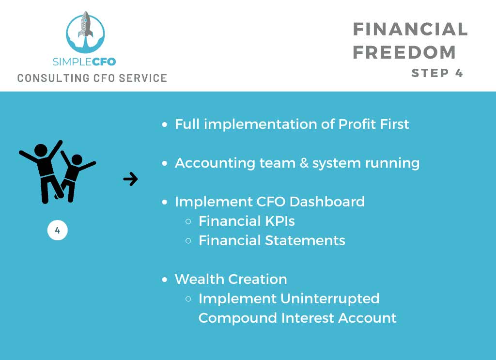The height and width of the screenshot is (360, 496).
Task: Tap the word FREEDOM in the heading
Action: (x=404, y=52)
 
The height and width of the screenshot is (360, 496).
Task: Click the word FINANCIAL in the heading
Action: (x=410, y=30)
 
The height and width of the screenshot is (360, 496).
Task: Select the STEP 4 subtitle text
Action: (x=437, y=73)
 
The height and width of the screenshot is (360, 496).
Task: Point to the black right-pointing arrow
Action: (x=130, y=179)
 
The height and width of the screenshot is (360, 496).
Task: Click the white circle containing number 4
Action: (x=58, y=230)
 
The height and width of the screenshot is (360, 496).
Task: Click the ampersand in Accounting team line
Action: (x=304, y=163)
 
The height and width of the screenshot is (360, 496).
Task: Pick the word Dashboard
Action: (x=327, y=202)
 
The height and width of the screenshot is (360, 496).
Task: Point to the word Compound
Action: (x=237, y=318)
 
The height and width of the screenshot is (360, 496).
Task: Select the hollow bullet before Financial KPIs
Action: (x=188, y=221)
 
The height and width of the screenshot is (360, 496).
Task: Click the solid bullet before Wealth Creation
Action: (x=165, y=280)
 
